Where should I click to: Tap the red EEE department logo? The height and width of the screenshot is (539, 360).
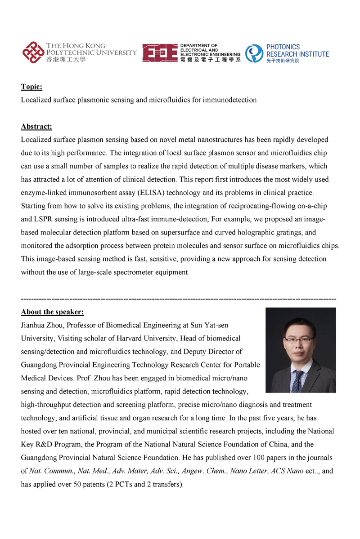coord(159,53)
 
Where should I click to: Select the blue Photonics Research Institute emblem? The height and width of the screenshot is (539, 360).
coord(254,53)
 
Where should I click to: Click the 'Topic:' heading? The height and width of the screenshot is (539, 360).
coord(31,87)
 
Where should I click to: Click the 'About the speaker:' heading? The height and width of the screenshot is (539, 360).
coord(52,312)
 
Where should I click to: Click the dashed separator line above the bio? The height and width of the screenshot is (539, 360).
coord(179,299)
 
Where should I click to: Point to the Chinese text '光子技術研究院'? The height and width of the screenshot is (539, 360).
coord(283,61)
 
